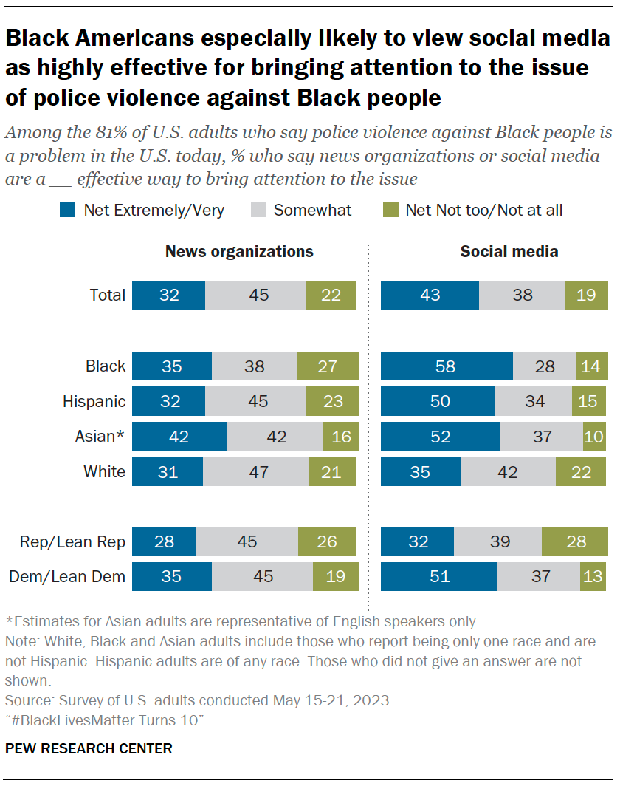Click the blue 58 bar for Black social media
pyautogui.click(x=447, y=366)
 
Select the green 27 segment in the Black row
pyautogui.click(x=328, y=366)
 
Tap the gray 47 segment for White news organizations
pyautogui.click(x=256, y=471)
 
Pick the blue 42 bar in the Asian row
pyautogui.click(x=179, y=437)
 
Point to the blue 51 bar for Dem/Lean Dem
pyautogui.click(x=438, y=576)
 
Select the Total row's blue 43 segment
pyautogui.click(x=430, y=295)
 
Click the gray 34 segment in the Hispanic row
pyautogui.click(x=533, y=401)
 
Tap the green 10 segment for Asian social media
pyautogui.click(x=593, y=437)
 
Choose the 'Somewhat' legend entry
pyautogui.click(x=312, y=211)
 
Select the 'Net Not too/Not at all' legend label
pyautogui.click(x=483, y=211)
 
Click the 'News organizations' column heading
pyautogui.click(x=239, y=251)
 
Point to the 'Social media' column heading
pyautogui.click(x=509, y=251)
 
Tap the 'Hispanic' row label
pyautogui.click(x=94, y=401)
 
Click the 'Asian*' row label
pyautogui.click(x=100, y=437)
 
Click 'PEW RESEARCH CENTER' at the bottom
pyautogui.click(x=89, y=748)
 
